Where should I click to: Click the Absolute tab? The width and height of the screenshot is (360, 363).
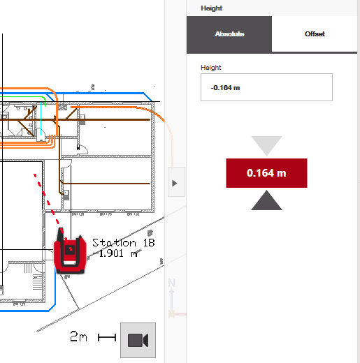[x=229, y=34]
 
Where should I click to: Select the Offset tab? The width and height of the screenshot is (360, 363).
[x=315, y=34]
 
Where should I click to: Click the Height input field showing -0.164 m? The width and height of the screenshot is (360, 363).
[x=266, y=87]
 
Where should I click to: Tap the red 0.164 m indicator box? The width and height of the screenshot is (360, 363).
[x=266, y=173]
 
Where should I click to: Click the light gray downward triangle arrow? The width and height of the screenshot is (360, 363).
[x=266, y=145]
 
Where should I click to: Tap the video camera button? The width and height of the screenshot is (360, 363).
[x=138, y=340]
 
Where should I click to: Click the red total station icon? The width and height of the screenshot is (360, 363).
[x=70, y=252]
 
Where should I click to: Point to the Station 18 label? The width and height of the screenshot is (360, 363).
[x=124, y=243]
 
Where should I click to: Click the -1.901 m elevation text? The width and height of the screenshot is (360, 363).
[x=115, y=253]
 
